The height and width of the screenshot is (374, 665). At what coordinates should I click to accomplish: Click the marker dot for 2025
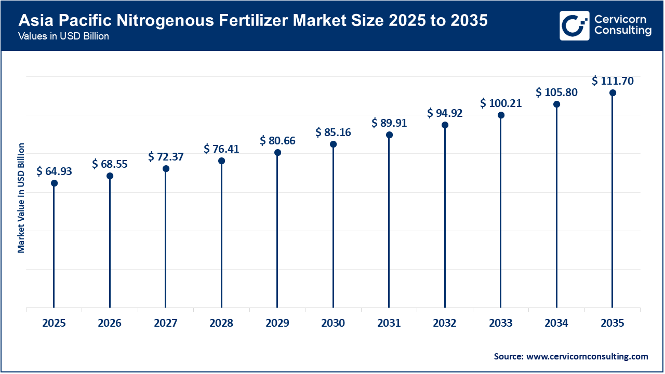[54, 183]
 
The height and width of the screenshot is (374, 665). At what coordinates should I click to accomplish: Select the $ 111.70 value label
[613, 81]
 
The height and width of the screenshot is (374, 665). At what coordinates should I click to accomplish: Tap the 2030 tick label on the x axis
[333, 323]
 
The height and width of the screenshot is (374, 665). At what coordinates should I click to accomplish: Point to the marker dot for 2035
[613, 93]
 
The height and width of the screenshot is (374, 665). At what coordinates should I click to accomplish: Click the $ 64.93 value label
[54, 171]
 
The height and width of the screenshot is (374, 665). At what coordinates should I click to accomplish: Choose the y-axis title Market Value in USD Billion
[21, 197]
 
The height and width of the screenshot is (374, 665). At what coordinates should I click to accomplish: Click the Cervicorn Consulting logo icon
[574, 25]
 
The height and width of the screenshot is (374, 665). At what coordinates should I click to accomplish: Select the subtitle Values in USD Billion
[63, 36]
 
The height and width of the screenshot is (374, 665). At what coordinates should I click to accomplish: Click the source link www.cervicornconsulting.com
[587, 356]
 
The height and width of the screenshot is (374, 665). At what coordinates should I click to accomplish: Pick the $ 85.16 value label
[333, 132]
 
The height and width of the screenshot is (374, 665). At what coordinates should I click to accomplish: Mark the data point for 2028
[221, 161]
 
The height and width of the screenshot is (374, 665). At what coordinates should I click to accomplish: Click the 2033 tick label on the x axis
[501, 323]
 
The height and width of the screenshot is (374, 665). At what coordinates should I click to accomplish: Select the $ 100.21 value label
[501, 103]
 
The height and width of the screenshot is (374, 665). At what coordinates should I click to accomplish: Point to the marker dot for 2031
[389, 135]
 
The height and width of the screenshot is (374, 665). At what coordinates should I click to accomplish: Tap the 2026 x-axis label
[110, 323]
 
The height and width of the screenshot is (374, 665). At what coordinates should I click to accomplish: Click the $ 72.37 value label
[166, 156]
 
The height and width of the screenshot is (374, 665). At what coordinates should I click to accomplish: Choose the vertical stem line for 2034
[556, 208]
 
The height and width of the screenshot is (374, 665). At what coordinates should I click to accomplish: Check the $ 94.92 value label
[445, 113]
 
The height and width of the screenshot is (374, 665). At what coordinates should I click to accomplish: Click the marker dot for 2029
[277, 153]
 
